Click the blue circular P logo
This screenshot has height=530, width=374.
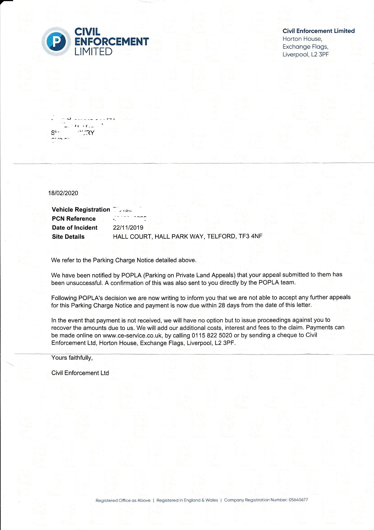pyautogui.click(x=56, y=41)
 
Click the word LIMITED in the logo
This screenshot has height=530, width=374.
pyautogui.click(x=93, y=51)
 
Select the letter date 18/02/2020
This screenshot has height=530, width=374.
pyautogui.click(x=63, y=193)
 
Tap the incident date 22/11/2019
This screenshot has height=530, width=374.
pyautogui.click(x=128, y=228)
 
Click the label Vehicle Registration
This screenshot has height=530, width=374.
pyautogui.click(x=81, y=210)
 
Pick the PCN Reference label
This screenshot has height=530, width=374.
pyautogui.click(x=74, y=219)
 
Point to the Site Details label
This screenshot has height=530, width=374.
pyautogui.click(x=68, y=237)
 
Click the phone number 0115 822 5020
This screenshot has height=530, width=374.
pyautogui.click(x=212, y=335)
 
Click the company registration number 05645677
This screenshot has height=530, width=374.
pyautogui.click(x=298, y=500)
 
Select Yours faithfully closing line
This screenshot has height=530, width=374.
pyautogui.click(x=72, y=358)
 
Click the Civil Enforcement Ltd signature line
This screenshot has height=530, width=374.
pyautogui.click(x=80, y=373)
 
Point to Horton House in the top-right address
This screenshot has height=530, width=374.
pyautogui.click(x=302, y=39)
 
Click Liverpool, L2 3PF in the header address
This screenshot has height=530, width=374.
pyautogui.click(x=306, y=55)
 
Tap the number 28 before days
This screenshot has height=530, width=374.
pyautogui.click(x=222, y=305)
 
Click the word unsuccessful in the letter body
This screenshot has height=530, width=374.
pyautogui.click(x=84, y=283)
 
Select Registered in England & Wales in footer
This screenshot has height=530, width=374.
pyautogui.click(x=187, y=500)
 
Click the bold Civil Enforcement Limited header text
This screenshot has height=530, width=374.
pyautogui.click(x=319, y=31)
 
